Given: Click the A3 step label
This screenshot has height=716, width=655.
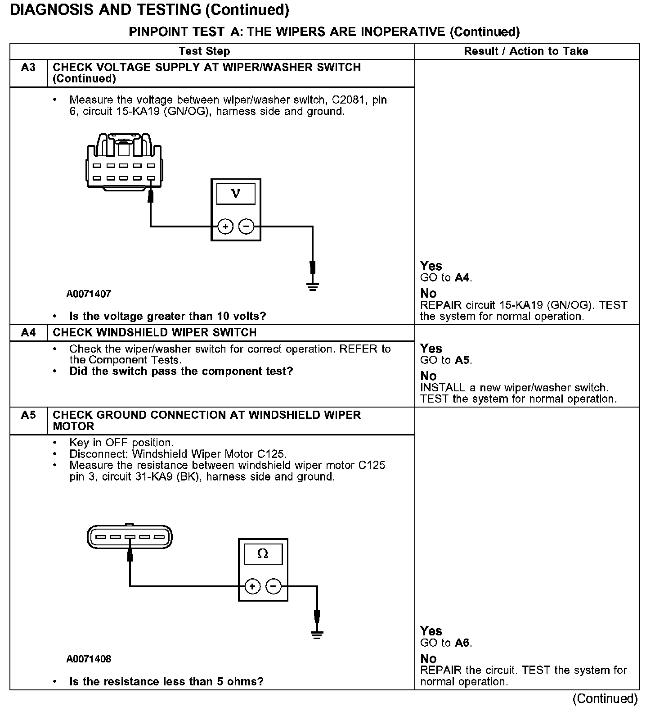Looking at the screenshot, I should coord(28,68).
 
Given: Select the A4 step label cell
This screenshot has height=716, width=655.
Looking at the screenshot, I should coord(28,333).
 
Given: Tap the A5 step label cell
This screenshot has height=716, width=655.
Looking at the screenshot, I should coord(28,415).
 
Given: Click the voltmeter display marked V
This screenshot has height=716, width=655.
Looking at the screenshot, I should coord(236,194).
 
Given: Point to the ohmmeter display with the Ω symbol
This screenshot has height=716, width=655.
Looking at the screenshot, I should coord(263,554).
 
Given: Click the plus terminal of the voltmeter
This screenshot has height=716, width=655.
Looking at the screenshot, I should coord(225,226).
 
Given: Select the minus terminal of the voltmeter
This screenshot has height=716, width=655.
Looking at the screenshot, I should coord(246,226).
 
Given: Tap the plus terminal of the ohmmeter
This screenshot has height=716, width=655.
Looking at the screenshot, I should coord(252,586).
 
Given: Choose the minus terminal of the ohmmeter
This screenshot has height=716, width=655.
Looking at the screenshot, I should coord(274,586).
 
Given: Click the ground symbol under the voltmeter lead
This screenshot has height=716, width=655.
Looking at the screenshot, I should coord(313,286).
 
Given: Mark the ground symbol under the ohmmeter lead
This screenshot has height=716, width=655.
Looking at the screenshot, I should coord(317,635).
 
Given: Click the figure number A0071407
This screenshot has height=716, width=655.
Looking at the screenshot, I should coord(89,294).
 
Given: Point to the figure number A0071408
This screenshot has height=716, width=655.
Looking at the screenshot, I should coord(89,659).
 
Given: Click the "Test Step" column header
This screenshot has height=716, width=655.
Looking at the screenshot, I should coord(204,51).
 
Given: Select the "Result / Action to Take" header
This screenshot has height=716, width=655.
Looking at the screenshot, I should coord(526,51).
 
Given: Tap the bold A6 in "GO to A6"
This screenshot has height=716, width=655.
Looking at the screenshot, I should coord(462,643).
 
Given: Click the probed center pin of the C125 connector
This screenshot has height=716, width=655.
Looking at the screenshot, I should coord(130,537).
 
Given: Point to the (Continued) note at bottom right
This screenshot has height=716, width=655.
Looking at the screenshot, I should coord(605,699).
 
